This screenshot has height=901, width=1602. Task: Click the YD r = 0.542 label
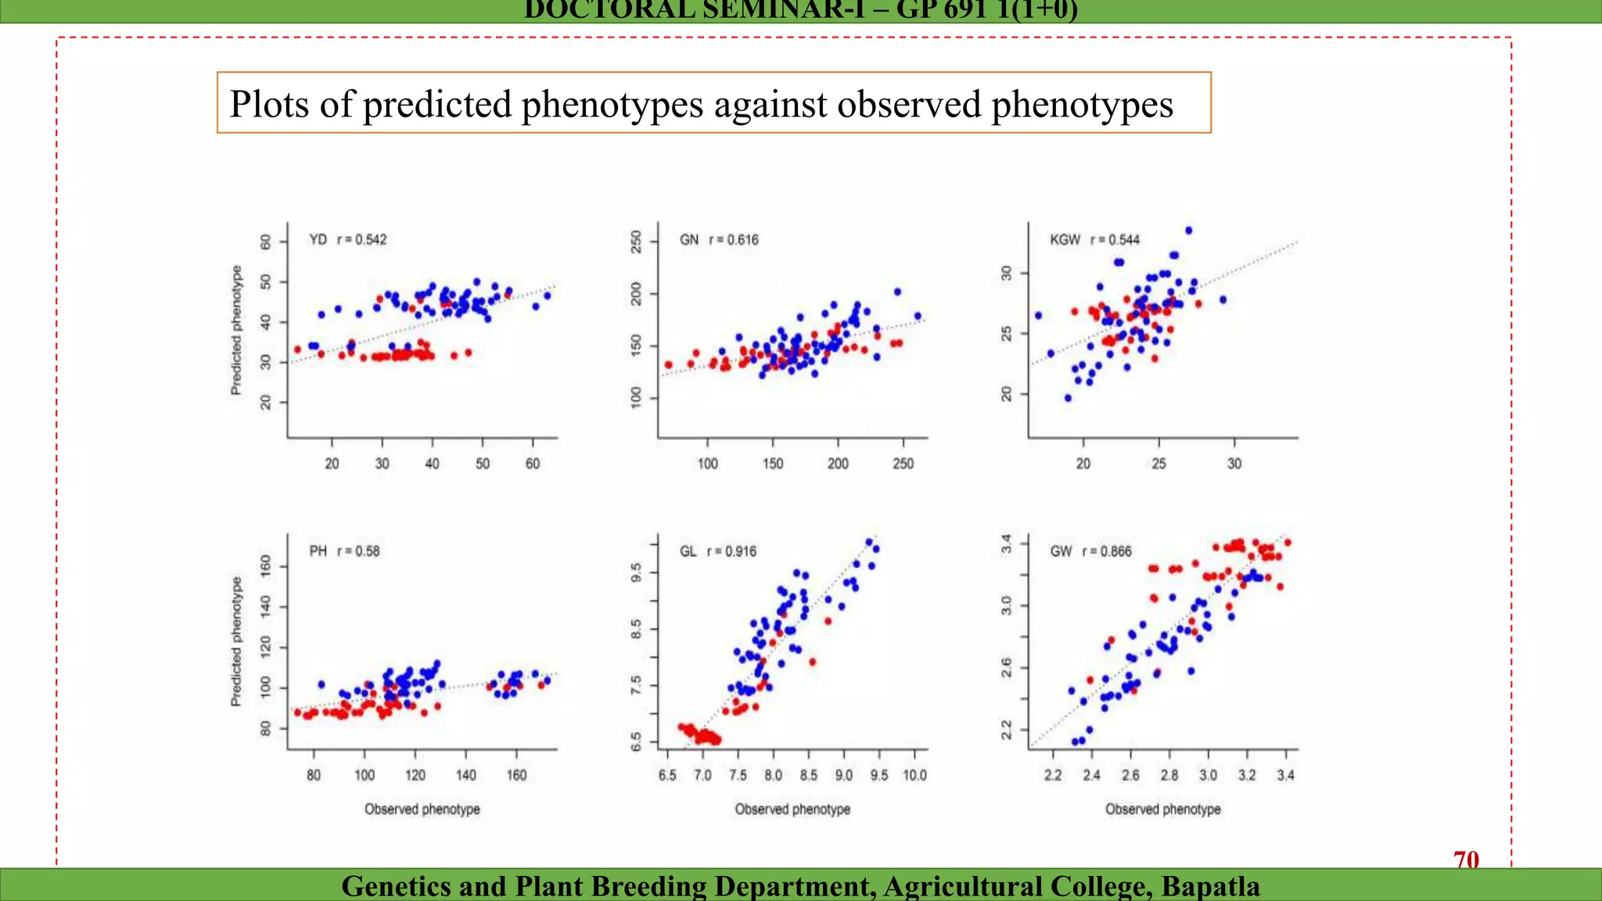tap(347, 239)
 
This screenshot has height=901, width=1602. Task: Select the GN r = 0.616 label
tap(719, 239)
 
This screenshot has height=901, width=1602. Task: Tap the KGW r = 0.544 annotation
tap(1094, 239)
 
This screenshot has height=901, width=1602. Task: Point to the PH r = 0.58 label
tap(344, 551)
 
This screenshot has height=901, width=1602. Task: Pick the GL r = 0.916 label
tap(717, 551)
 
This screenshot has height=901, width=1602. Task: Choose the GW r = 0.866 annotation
tap(1090, 551)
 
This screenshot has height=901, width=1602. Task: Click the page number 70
tap(1466, 860)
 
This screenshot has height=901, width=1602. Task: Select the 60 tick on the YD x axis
tap(533, 463)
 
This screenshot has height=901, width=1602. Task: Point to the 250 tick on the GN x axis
tap(903, 463)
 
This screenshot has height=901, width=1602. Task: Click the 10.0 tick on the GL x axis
tap(914, 774)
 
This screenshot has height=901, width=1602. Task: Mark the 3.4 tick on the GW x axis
tap(1285, 774)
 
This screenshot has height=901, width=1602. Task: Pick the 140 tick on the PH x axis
tap(465, 774)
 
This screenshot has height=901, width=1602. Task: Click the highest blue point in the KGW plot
tap(1188, 230)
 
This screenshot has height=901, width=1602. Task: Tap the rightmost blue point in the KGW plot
tap(1223, 300)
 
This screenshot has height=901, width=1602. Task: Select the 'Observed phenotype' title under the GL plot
tap(792, 809)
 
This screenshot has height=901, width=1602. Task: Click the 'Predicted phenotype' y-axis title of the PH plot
tap(236, 641)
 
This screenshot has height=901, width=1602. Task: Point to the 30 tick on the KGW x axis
tap(1234, 463)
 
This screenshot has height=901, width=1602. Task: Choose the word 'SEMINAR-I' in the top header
tap(747, 10)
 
